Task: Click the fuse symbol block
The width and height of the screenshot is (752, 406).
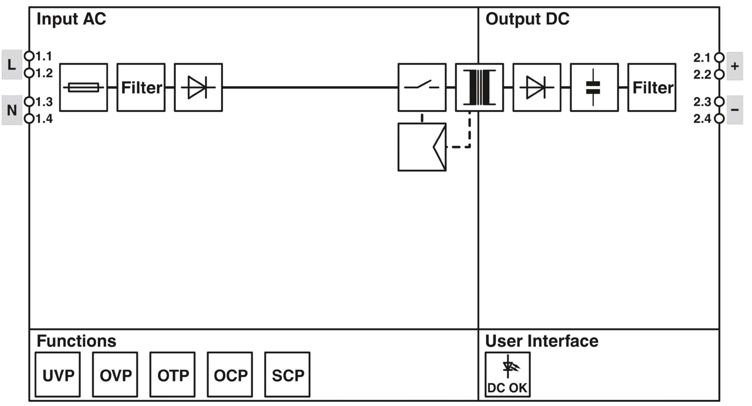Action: point(84,88)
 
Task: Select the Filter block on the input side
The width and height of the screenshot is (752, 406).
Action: point(141,88)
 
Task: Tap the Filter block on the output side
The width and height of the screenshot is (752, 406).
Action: point(652,88)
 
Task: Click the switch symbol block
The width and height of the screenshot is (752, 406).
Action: point(422,88)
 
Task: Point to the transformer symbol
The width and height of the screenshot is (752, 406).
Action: point(479,88)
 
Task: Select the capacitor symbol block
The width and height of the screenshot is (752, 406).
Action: point(594,88)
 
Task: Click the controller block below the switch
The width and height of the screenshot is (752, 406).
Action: point(422,147)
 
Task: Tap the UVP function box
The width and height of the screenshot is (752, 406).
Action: point(58,374)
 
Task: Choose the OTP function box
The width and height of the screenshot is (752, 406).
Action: point(172,374)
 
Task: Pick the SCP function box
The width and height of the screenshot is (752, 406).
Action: point(287,374)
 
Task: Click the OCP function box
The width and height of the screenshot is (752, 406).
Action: point(230,374)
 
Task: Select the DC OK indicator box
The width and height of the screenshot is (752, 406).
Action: point(507,374)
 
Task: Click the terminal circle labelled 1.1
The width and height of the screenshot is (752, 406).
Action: point(29,56)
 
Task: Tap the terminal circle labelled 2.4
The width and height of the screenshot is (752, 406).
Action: point(719,118)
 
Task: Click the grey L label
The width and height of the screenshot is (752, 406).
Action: point(12,65)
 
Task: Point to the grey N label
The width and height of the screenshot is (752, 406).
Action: point(12,110)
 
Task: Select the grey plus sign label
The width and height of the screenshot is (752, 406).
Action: point(735,66)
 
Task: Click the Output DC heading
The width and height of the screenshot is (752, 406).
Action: point(527,19)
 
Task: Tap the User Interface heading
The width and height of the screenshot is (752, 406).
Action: point(541,341)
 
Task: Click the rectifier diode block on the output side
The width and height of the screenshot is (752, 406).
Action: point(537,88)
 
